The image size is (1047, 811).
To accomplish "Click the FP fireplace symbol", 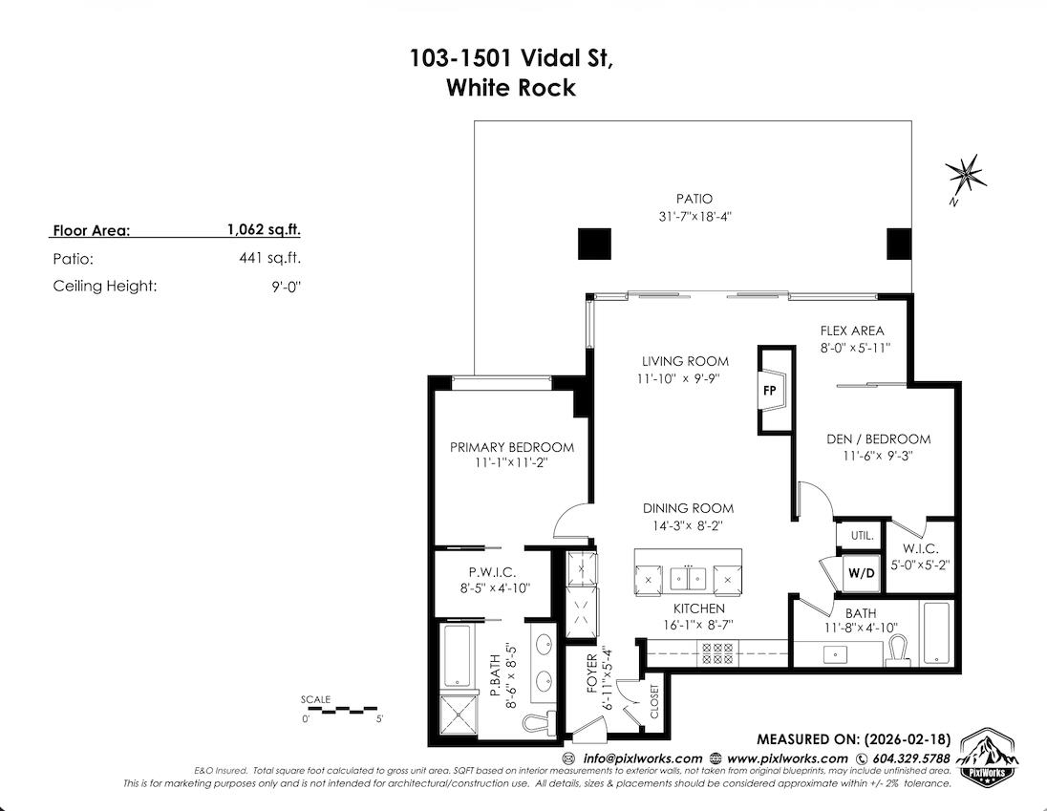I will pos(771,390).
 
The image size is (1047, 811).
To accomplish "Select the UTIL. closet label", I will pos(861,537).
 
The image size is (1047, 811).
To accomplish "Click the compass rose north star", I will pos(966,175).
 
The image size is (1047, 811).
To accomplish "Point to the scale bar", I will pos(344,710).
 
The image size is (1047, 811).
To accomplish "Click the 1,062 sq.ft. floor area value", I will pos(264,230).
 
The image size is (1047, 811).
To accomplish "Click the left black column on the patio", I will pos(593,245).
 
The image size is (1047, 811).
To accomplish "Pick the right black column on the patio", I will pos(899,245).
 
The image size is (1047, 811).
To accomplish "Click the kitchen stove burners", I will pos(716,652).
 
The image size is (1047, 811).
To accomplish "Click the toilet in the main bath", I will pos(896,649).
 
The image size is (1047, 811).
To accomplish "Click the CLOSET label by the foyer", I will pos(654,701).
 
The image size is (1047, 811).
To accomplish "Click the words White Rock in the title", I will pos(511,88).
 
